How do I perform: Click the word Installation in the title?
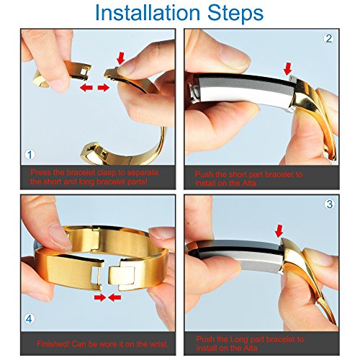[148, 12]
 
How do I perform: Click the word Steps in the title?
[235, 12]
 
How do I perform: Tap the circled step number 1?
[30, 155]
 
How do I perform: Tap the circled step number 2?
[328, 38]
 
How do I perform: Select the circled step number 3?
[330, 204]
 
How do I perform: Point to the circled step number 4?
[29, 319]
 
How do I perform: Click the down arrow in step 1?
[121, 58]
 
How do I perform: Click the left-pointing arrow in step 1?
[86, 88]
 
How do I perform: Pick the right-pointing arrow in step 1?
[104, 88]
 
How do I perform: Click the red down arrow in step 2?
[287, 68]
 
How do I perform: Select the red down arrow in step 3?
[279, 231]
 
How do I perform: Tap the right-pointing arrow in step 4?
[100, 298]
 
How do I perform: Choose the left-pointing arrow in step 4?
[114, 298]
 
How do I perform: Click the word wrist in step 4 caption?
[158, 344]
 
